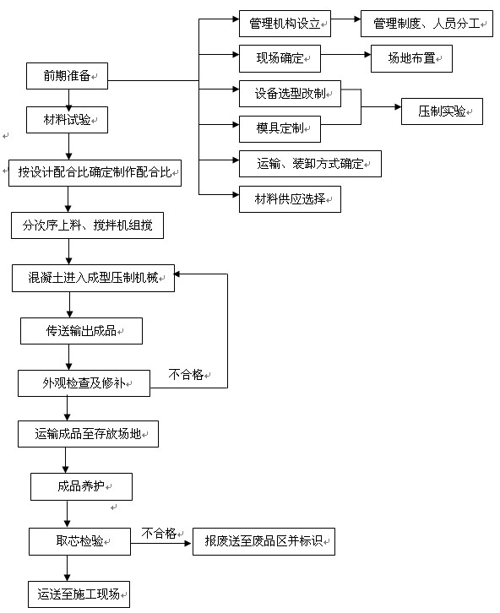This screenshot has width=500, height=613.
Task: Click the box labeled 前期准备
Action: (x=67, y=76)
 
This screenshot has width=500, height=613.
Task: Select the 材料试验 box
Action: (x=67, y=120)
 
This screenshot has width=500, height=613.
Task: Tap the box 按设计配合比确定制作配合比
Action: (x=95, y=173)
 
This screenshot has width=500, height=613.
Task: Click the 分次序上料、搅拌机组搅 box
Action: (x=87, y=225)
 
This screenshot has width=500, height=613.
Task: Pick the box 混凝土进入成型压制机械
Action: (x=93, y=278)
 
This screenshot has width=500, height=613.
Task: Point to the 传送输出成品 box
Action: (x=81, y=331)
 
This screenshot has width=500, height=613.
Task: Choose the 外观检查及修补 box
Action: (x=84, y=383)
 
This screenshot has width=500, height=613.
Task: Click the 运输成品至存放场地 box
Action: (x=88, y=434)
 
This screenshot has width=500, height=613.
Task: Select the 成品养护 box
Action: (x=81, y=486)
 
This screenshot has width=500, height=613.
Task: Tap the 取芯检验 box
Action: (x=79, y=541)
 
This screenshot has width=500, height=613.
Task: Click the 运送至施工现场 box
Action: (x=79, y=594)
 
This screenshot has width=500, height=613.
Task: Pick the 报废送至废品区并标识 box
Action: (x=264, y=541)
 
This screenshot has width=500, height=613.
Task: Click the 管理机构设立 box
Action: (x=285, y=24)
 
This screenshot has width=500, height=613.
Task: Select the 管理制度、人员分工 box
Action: (x=427, y=24)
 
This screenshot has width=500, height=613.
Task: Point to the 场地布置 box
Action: (x=411, y=58)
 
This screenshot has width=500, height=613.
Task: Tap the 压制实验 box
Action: (x=442, y=111)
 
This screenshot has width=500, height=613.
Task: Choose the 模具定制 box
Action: (x=280, y=129)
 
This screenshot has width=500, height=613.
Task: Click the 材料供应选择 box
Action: (x=290, y=199)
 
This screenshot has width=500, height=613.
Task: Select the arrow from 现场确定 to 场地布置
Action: (x=345, y=55)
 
